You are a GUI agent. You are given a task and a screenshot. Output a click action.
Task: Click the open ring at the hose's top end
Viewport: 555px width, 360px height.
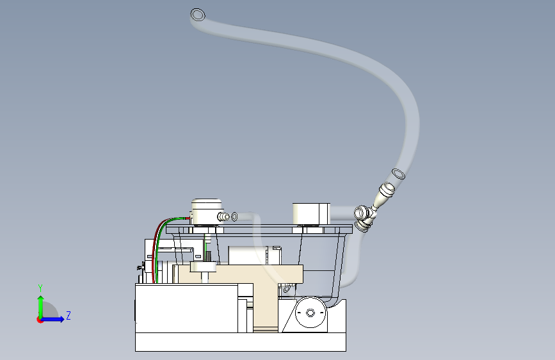[198, 14]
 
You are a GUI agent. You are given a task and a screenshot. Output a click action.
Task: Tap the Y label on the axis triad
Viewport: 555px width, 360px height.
[40, 288]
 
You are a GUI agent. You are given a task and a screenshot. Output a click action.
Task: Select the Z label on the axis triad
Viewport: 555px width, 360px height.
[68, 316]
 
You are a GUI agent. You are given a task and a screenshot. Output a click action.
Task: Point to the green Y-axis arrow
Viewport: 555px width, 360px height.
[40, 304]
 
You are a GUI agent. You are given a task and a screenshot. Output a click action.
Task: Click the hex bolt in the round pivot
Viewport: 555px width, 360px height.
[310, 313]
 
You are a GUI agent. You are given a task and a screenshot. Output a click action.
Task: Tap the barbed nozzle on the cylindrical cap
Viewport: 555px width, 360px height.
[223, 217]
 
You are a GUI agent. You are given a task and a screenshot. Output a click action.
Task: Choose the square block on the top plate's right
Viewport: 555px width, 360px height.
[311, 213]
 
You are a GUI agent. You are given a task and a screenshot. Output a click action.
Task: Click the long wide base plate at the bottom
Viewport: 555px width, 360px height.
[240, 343]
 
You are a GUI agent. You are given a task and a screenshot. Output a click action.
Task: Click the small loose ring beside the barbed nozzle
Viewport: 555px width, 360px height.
[234, 217]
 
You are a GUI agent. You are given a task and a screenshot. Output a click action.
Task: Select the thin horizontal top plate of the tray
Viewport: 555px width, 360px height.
[256, 229]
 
